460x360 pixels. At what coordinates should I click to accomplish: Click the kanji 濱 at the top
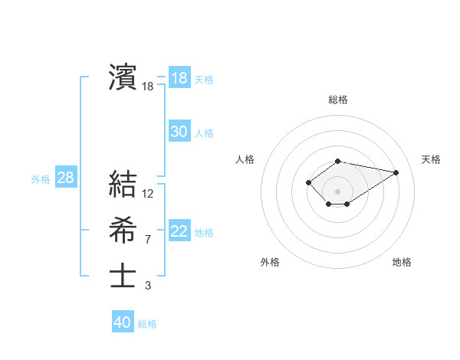(x=123, y=77)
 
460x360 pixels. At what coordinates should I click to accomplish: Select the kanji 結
(x=123, y=185)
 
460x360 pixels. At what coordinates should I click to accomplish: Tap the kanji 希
(x=123, y=229)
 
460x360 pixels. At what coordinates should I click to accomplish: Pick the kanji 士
(x=123, y=276)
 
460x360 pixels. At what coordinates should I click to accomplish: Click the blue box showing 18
(x=179, y=77)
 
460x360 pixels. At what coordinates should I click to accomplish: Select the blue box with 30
(x=179, y=132)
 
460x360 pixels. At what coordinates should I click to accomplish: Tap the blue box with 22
(x=179, y=231)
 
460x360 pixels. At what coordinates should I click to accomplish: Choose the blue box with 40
(x=123, y=322)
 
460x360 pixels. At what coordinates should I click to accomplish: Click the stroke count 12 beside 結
(x=148, y=194)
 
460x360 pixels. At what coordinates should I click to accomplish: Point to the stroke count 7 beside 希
(x=147, y=240)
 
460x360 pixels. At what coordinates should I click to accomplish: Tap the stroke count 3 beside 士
(x=147, y=286)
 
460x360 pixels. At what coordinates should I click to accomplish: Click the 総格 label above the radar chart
(x=338, y=100)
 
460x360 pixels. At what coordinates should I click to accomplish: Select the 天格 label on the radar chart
(x=431, y=159)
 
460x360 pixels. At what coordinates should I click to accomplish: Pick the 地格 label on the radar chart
(x=402, y=262)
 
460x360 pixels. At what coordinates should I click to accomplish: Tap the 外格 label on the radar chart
(x=270, y=262)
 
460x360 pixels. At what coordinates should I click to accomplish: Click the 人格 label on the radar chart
(x=245, y=159)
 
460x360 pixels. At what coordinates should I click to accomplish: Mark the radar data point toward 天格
(x=396, y=172)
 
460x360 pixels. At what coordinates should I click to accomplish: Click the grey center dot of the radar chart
(x=338, y=191)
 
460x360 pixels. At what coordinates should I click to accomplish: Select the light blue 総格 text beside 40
(x=148, y=323)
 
